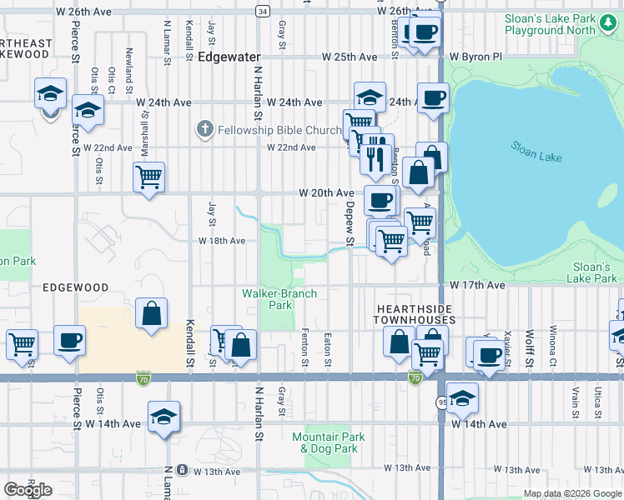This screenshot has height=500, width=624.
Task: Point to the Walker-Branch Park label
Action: (x=267, y=299)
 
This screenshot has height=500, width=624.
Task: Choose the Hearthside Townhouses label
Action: (x=413, y=314)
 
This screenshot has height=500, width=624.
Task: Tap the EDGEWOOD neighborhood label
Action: (x=77, y=287)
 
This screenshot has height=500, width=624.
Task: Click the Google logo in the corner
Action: (x=28, y=490)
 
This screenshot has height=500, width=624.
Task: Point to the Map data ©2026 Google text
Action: (x=572, y=493)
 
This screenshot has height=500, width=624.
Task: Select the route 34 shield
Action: (x=263, y=11)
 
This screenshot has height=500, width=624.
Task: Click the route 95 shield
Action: (x=440, y=402)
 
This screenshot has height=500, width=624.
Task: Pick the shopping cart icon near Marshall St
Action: (x=149, y=177)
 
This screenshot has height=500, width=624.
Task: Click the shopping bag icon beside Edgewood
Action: (x=151, y=314)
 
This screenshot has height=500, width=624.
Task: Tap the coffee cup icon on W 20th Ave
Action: (x=380, y=200)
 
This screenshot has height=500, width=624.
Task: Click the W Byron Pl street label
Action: (x=476, y=57)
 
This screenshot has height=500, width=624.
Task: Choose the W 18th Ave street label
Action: (x=221, y=241)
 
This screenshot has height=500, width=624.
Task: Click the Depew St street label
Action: (x=350, y=223)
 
